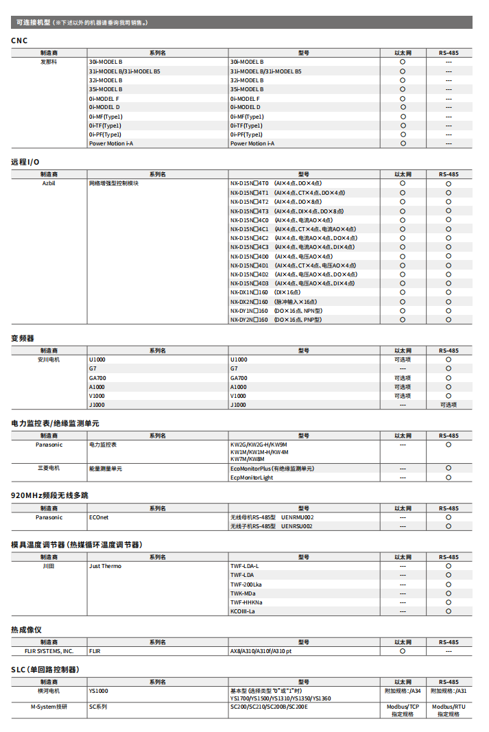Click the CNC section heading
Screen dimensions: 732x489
pyautogui.click(x=19, y=40)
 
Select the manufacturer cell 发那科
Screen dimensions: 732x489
pyautogui.click(x=49, y=62)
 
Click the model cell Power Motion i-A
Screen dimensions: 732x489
pyautogui.click(x=252, y=143)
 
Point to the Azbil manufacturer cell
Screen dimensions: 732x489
pyautogui.click(x=49, y=184)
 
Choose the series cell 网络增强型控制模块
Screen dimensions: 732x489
pyautogui.click(x=114, y=184)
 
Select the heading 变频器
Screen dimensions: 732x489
pyautogui.click(x=23, y=338)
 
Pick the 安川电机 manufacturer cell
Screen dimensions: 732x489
pyautogui.click(x=49, y=359)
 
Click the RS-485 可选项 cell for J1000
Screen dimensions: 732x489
pyautogui.click(x=449, y=405)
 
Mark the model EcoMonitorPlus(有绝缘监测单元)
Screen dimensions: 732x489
pyautogui.click(x=272, y=469)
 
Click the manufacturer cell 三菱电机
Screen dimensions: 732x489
pyautogui.click(x=49, y=469)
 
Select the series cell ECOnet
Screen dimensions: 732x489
pyautogui.click(x=99, y=517)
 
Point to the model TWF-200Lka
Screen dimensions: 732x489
pyautogui.click(x=246, y=585)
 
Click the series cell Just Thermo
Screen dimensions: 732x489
pyautogui.click(x=105, y=566)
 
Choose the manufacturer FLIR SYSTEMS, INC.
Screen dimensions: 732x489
pyautogui.click(x=49, y=651)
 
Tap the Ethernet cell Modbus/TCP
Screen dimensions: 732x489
pyautogui.click(x=403, y=707)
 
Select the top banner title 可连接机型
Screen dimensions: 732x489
pyautogui.click(x=33, y=23)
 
